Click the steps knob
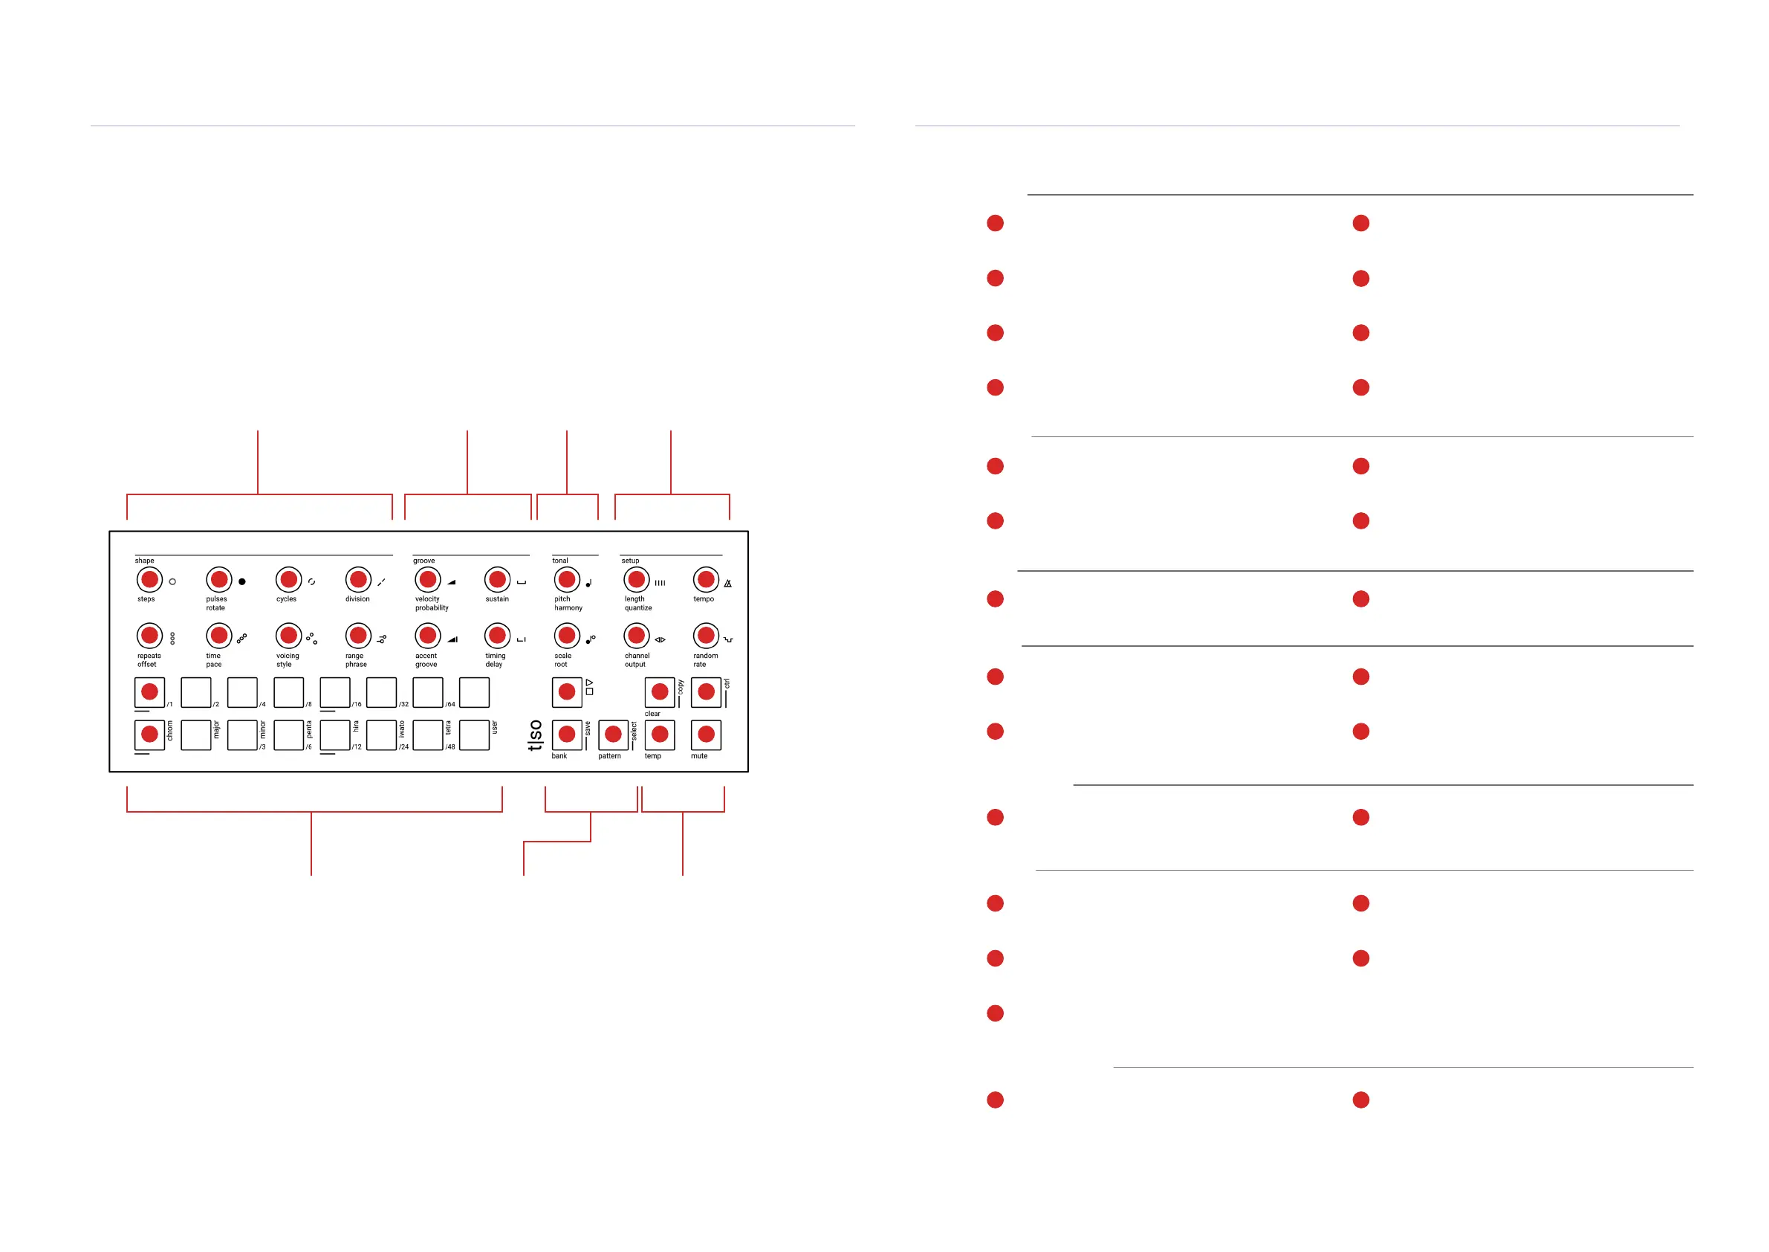(x=149, y=579)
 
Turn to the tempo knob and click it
(x=706, y=579)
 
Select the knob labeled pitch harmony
(x=567, y=579)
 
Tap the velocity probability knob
(x=428, y=579)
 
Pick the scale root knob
(x=567, y=635)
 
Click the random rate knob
(x=706, y=635)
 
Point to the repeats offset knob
(x=149, y=635)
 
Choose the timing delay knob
(x=497, y=635)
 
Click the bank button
(x=567, y=735)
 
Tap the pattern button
(x=613, y=735)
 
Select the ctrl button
(x=706, y=692)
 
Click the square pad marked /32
(x=381, y=692)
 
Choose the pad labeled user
(x=474, y=735)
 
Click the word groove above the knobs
(x=423, y=561)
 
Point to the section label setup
(x=630, y=561)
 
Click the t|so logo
(x=535, y=735)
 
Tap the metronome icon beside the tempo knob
(x=727, y=584)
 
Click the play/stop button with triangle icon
(x=567, y=692)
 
